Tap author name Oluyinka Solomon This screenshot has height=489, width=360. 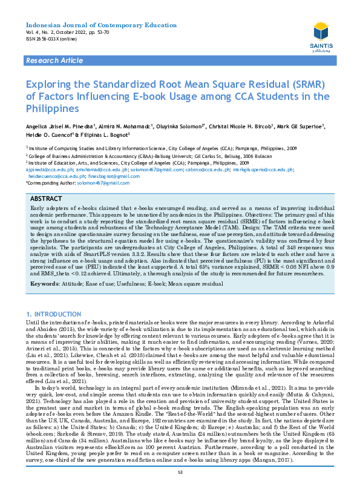click(180, 126)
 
